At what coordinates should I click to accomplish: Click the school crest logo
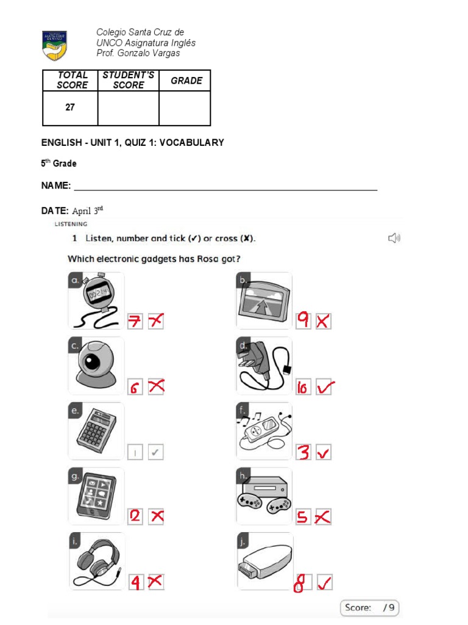pyautogui.click(x=54, y=46)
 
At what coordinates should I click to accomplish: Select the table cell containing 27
pyautogui.click(x=70, y=107)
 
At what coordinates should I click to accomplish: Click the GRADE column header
pyautogui.click(x=186, y=81)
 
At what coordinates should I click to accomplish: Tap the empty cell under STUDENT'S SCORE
pyautogui.click(x=128, y=108)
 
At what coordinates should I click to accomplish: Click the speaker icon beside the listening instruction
pyautogui.click(x=394, y=238)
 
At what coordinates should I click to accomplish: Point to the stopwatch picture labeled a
pyautogui.click(x=96, y=301)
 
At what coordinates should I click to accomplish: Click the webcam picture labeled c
pyautogui.click(x=96, y=366)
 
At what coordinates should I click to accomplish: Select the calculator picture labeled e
pyautogui.click(x=96, y=431)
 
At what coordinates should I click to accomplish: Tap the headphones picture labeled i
pyautogui.click(x=96, y=561)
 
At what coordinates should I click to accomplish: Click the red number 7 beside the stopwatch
pyautogui.click(x=135, y=322)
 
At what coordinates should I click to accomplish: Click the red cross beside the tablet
pyautogui.click(x=157, y=516)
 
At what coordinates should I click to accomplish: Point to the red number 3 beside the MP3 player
pyautogui.click(x=303, y=452)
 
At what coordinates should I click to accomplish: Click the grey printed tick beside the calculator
pyautogui.click(x=156, y=453)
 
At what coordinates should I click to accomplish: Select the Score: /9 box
pyautogui.click(x=369, y=607)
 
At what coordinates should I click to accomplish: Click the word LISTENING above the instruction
pyautogui.click(x=71, y=224)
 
